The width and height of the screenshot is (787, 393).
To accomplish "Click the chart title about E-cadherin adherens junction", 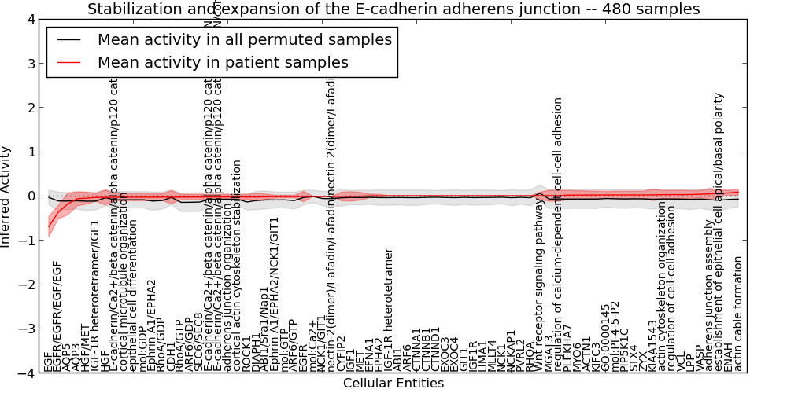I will [x=393, y=9].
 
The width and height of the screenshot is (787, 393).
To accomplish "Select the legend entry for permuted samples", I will [x=244, y=39].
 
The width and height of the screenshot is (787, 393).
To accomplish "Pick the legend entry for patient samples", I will [x=223, y=61].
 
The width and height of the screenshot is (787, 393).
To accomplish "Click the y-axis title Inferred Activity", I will [x=6, y=196].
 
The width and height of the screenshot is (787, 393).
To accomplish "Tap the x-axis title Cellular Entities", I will [x=393, y=384].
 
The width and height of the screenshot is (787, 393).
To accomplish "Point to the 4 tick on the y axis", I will [x=30, y=19].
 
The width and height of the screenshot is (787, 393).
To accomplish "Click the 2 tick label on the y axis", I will [x=30, y=108].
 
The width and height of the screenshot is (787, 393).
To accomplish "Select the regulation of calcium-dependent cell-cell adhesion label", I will [x=559, y=234].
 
